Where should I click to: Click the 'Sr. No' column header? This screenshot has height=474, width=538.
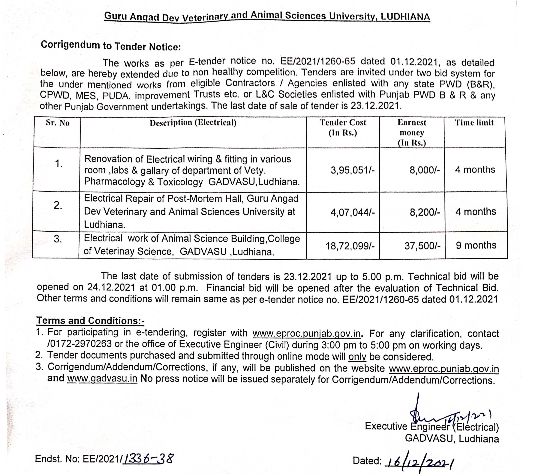58,123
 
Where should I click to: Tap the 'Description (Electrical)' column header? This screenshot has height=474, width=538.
193,123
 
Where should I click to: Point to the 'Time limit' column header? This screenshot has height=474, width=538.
474,122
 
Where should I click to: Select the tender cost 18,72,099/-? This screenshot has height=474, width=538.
350,246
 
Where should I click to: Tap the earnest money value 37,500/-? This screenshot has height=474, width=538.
422,246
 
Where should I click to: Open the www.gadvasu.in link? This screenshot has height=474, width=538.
102,378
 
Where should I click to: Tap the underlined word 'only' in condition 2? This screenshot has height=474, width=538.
357,357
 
